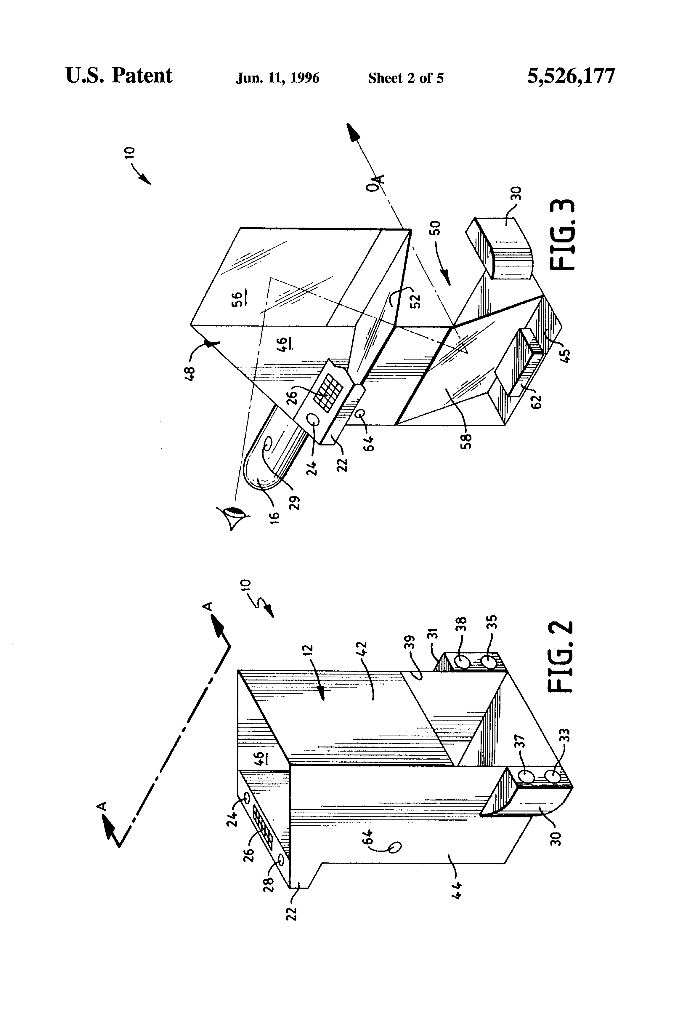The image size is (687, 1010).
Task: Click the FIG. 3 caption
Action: point(562,235)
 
